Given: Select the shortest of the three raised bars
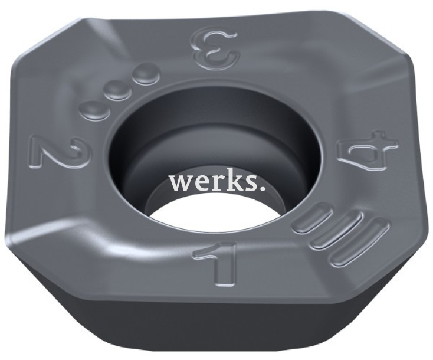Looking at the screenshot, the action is (x=314, y=217).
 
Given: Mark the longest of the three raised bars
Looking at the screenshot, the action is (x=358, y=241).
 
